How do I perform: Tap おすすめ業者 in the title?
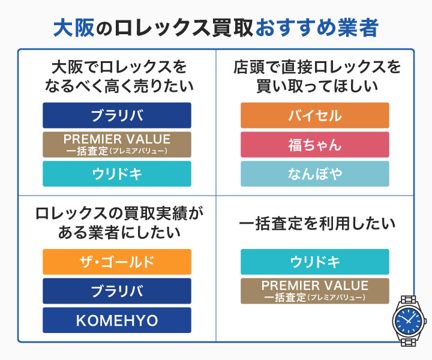pos(316,27)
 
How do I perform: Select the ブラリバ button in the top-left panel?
pos(117,115)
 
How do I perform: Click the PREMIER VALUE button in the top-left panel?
pos(117,145)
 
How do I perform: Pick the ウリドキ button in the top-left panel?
pos(117,174)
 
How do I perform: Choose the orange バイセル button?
pos(314,115)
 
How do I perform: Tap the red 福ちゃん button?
pos(314,145)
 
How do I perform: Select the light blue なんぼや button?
pos(314,174)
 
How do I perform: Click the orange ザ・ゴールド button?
pos(117,262)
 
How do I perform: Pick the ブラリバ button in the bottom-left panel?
pos(117,291)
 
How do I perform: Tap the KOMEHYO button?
pos(117,320)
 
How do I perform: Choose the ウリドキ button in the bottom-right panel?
pos(314,262)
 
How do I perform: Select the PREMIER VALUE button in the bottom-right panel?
pos(314,291)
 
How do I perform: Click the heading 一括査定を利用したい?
pos(317,224)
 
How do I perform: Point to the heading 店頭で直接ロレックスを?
pos(317,67)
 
